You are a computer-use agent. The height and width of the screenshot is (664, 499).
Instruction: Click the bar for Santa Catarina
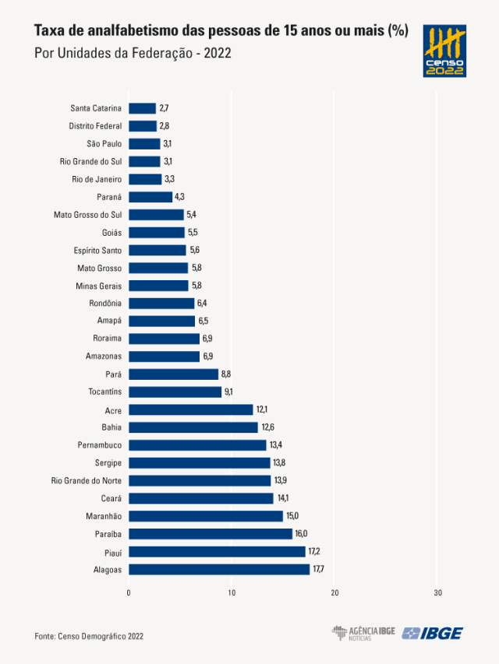(142, 108)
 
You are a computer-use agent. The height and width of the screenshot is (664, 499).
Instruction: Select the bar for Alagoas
(219, 569)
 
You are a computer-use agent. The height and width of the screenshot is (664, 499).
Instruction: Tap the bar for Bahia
(193, 427)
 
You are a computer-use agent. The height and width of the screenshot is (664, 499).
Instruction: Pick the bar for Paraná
(150, 197)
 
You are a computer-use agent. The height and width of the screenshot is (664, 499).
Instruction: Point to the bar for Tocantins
(175, 392)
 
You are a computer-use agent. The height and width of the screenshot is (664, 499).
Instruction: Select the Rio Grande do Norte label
(87, 480)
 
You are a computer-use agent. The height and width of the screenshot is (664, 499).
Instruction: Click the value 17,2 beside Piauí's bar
(314, 551)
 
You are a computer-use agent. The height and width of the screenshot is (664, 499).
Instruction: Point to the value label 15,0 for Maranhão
(293, 516)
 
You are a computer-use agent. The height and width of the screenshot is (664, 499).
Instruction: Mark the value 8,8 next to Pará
(226, 374)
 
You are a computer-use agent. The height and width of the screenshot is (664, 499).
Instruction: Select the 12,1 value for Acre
(262, 409)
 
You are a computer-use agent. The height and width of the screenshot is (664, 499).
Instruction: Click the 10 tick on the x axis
(232, 593)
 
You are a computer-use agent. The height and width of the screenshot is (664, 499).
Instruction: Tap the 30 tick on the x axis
(437, 593)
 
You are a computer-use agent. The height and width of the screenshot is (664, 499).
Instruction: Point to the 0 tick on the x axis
(129, 593)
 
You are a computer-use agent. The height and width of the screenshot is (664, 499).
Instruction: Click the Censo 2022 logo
(444, 51)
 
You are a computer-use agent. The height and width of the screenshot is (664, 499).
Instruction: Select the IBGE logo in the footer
(433, 633)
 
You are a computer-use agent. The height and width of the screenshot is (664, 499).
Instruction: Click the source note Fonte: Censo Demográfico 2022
(89, 636)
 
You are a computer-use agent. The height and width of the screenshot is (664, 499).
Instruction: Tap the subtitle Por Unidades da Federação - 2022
(133, 54)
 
